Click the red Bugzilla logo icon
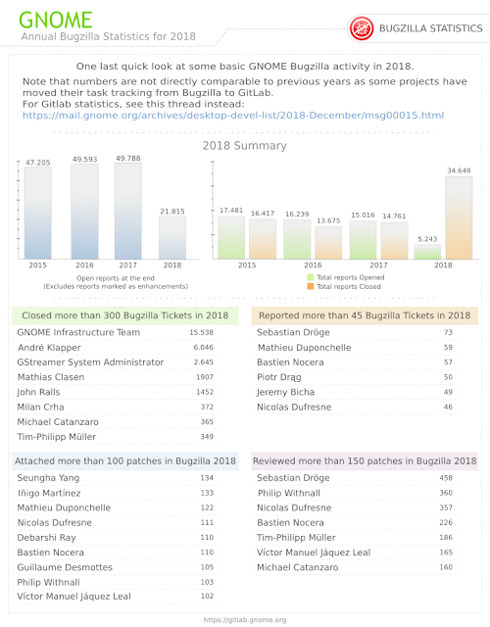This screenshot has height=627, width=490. (362, 28)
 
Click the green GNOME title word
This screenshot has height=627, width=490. (56, 20)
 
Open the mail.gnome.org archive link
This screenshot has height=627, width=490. (233, 116)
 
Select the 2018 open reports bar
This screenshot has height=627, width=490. (172, 237)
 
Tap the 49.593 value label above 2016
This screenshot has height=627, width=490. (85, 159)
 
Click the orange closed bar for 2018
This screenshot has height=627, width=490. (459, 217)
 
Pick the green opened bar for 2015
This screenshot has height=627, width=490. (231, 237)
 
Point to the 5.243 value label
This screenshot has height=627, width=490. (427, 239)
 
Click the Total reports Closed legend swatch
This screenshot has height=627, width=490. (311, 286)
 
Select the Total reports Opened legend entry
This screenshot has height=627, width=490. (346, 277)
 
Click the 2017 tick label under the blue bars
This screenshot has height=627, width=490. (128, 265)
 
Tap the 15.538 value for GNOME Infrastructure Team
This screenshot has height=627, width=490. (201, 332)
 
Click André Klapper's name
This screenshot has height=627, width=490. (49, 348)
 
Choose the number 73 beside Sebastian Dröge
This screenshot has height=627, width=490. (448, 332)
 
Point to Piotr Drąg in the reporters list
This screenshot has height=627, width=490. (279, 377)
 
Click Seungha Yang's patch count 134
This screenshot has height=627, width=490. (207, 478)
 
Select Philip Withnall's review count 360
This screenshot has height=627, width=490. (446, 493)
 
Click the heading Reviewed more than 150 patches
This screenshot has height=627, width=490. (365, 461)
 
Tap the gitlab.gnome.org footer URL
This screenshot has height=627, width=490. (245, 620)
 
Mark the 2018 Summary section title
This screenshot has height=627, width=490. (244, 146)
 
